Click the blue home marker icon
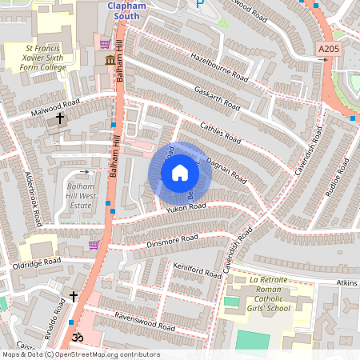180,172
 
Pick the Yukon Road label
186,208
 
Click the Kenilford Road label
196,270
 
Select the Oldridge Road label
36,262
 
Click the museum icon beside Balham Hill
109,61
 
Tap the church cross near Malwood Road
60,119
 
